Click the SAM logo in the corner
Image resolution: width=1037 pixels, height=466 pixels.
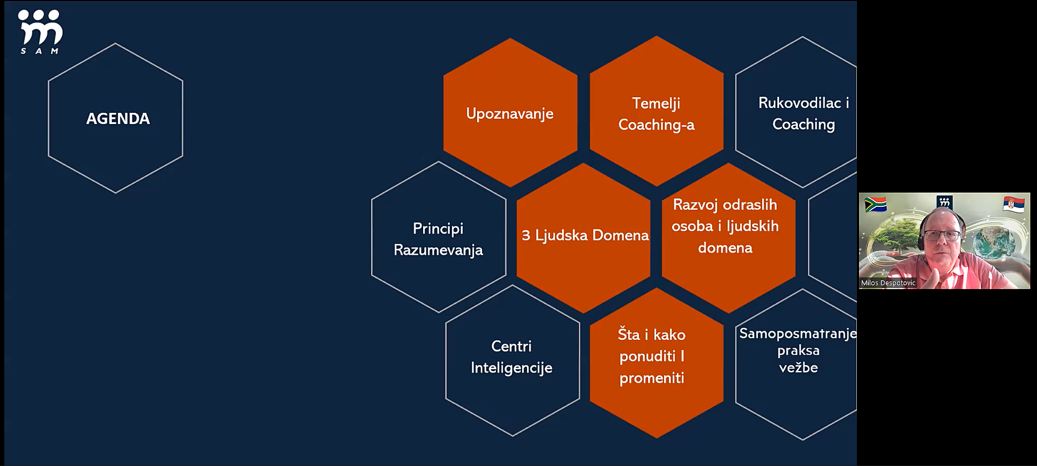pos(40,32)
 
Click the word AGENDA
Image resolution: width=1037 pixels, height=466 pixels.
pos(118,118)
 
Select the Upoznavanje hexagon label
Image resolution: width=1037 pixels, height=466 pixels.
pos(510,114)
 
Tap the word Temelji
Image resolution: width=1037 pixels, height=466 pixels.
pos(656,103)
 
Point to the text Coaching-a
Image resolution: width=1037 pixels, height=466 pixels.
pos(656,125)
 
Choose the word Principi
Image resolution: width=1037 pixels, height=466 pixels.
pos(438,229)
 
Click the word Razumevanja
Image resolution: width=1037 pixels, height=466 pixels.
pos(438,251)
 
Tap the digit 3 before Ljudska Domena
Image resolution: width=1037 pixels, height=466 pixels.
pos(526,235)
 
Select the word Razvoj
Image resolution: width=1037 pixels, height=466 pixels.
pos(696,205)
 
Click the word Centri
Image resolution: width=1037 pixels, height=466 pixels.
pos(512,346)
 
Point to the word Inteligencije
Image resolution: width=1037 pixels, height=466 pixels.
pos(512,368)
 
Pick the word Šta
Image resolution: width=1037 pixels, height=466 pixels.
pos(629,334)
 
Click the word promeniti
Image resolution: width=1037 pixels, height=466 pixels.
pos(652,378)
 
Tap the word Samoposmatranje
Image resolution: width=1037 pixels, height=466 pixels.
pos(798,334)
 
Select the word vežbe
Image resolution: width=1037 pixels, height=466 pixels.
pos(798,368)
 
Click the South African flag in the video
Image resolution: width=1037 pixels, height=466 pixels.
pos(876,205)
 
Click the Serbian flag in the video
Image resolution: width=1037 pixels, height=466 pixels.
pos(1014,204)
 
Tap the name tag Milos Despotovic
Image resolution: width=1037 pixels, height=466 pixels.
pos(888,283)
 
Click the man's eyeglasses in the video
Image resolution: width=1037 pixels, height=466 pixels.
pos(941,235)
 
